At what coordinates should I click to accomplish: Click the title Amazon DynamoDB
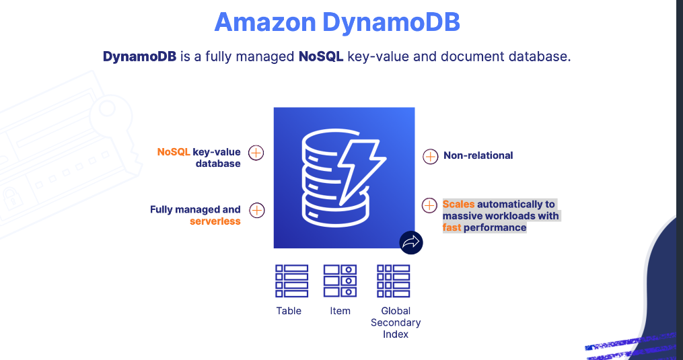click(337, 22)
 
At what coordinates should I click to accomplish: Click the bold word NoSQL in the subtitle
click(321, 57)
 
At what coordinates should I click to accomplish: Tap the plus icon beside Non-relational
click(430, 156)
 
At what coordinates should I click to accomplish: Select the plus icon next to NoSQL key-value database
click(256, 152)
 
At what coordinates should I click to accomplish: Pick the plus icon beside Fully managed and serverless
click(256, 210)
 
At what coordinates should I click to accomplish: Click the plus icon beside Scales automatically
click(429, 205)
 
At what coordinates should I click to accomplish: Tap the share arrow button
click(410, 242)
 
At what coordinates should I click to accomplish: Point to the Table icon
click(291, 281)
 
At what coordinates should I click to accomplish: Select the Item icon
click(340, 281)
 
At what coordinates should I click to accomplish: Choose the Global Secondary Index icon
click(394, 281)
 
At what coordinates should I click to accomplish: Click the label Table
click(289, 311)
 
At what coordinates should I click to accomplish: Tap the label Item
click(340, 311)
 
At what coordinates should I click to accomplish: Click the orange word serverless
click(215, 221)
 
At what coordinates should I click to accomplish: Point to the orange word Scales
click(458, 204)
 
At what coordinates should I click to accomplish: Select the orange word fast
click(452, 227)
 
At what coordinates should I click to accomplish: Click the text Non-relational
click(478, 155)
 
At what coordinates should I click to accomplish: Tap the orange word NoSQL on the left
click(174, 152)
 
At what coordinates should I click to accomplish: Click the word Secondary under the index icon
click(396, 322)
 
